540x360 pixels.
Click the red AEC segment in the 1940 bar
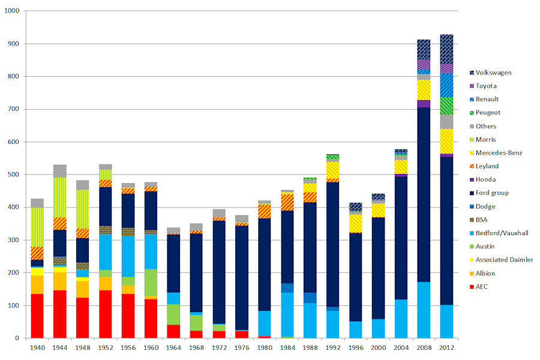(x=37, y=316)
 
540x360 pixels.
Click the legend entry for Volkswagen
(x=491, y=73)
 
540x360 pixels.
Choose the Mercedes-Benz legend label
(x=498, y=153)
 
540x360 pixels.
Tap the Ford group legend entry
(x=491, y=193)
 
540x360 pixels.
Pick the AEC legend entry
(x=481, y=287)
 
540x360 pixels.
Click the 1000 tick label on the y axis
(x=11, y=11)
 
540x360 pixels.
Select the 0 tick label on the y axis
(x=18, y=338)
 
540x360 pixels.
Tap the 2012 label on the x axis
(x=446, y=349)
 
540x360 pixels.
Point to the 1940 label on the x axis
(x=37, y=349)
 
